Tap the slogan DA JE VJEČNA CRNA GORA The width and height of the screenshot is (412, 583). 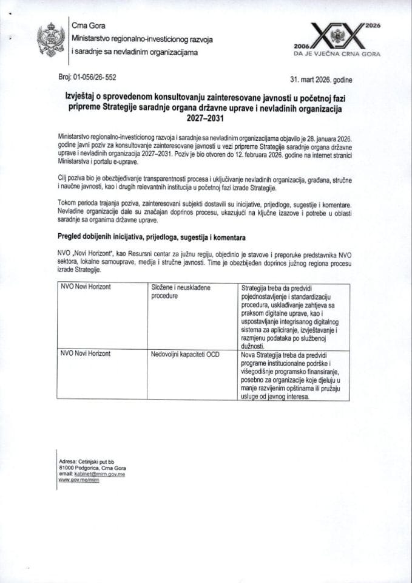coord(337,54)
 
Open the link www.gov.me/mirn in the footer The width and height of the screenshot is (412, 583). coord(78,480)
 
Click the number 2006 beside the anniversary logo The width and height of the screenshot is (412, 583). coord(302,46)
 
